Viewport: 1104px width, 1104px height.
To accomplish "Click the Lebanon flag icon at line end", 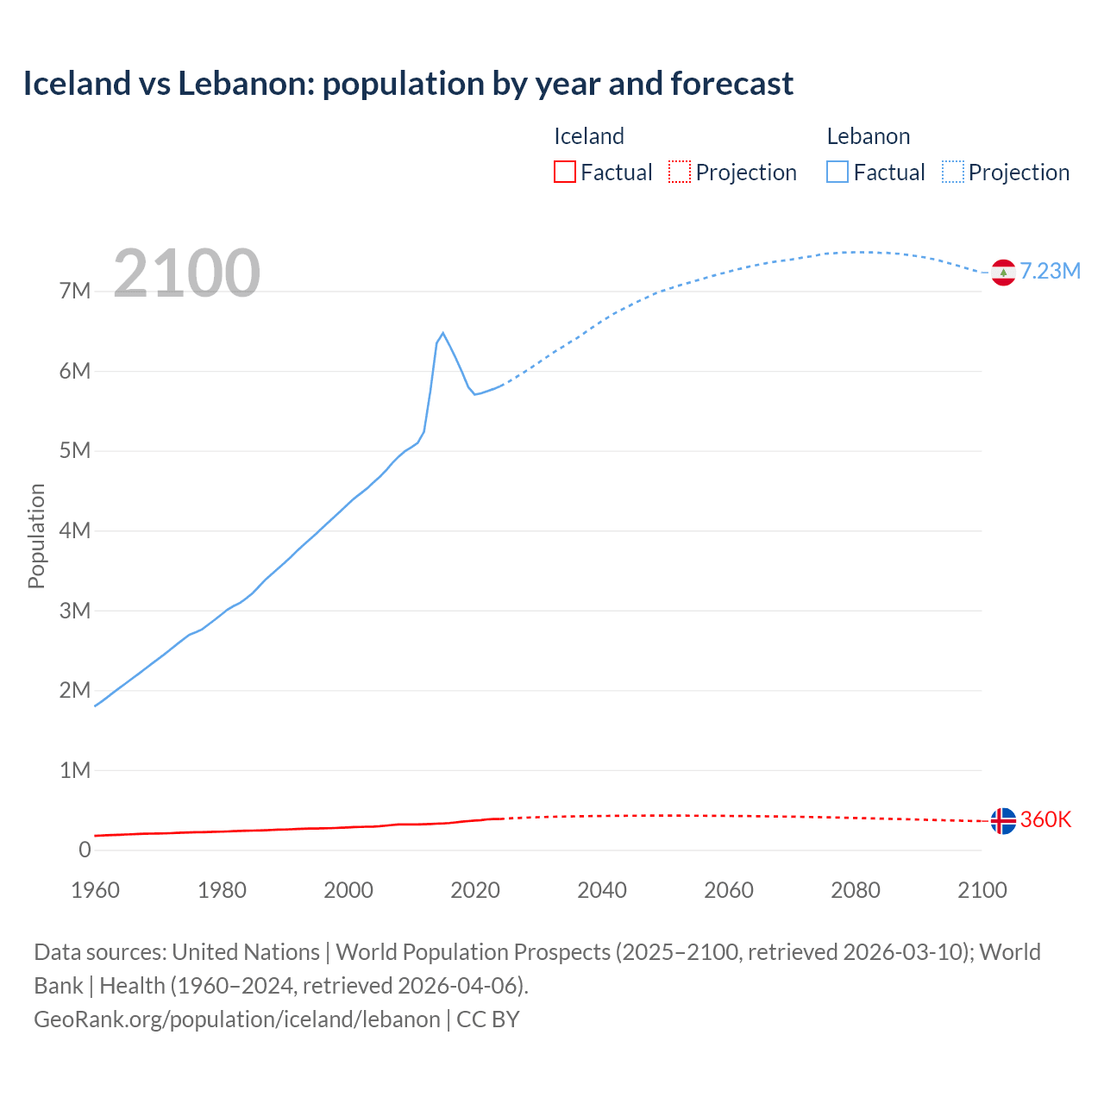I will [1002, 273].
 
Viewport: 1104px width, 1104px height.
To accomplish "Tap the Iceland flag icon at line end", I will [1002, 820].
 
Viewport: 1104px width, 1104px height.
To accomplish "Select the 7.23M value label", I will [1050, 272].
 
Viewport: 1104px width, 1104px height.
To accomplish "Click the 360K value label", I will [1045, 819].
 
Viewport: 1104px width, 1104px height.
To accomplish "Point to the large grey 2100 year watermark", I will [186, 273].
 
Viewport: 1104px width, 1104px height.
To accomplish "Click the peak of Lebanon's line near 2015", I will [442, 333].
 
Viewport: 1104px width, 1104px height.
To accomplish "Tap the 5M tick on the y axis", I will [75, 451].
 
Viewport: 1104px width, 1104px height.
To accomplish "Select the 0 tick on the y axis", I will [85, 850].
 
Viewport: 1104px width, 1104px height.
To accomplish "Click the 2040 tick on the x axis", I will [602, 890].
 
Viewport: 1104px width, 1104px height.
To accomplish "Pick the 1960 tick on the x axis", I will [95, 890].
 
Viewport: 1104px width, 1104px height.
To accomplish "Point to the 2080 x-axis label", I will [855, 890].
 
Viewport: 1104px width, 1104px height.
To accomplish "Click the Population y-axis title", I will [36, 536].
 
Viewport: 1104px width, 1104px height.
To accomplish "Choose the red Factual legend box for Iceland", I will [564, 172].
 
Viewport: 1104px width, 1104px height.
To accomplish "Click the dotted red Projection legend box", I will [680, 172].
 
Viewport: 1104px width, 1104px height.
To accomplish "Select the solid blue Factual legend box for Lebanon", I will [837, 172].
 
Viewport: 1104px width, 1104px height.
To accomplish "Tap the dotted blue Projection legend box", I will [952, 172].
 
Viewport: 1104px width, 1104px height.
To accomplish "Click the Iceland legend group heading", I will [588, 136].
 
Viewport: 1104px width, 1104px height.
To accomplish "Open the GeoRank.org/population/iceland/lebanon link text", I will [237, 1019].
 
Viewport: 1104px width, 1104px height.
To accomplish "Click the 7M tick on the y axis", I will [75, 292].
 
